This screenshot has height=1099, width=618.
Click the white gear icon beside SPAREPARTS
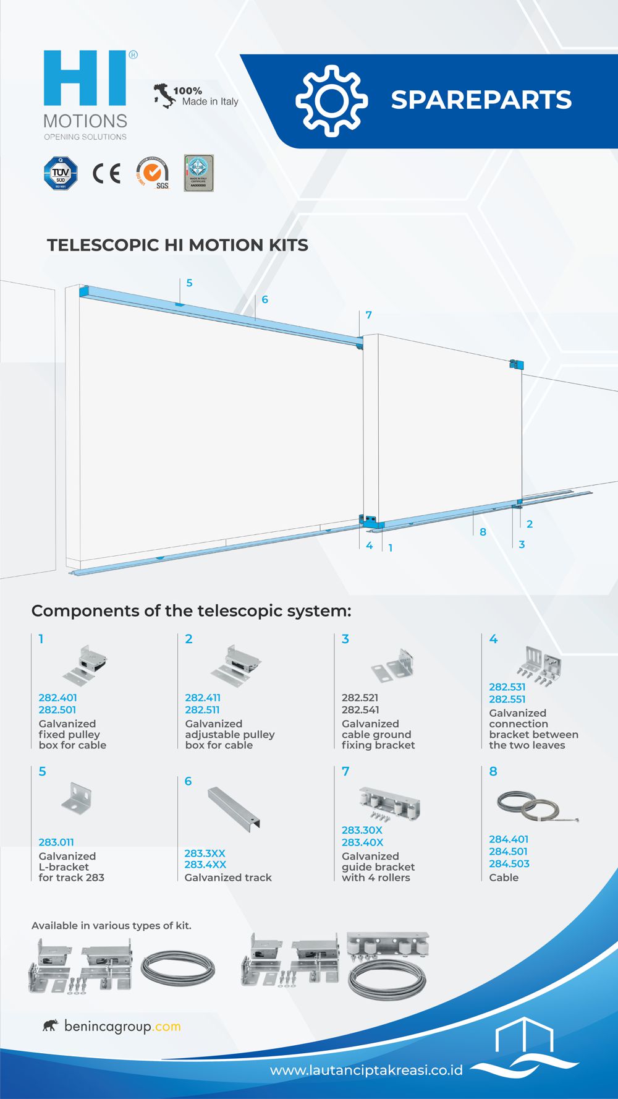coord(331,101)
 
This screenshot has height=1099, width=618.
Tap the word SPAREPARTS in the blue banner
coord(481,100)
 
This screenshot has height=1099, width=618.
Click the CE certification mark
coord(106,174)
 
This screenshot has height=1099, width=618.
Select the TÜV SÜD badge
coord(61,173)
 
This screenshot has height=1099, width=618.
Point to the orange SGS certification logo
coord(153,173)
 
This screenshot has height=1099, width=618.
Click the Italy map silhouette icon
coord(164,96)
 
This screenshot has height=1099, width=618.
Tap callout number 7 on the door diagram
coord(368,315)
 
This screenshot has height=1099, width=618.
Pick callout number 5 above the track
coord(189,283)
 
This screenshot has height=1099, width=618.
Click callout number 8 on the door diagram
coord(483,532)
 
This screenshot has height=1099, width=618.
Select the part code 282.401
coord(57,698)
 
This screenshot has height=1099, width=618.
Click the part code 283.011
coord(56,842)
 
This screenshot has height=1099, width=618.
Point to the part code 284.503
coord(509,863)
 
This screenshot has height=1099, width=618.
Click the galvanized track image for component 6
coord(234,808)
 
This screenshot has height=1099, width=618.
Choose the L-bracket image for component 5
coord(78,798)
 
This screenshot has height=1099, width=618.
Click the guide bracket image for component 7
coord(389,803)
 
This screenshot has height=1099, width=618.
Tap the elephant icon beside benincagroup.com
coord(51,1026)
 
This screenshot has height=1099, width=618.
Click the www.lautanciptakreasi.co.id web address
coord(366,1071)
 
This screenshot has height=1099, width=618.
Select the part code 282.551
coord(507,699)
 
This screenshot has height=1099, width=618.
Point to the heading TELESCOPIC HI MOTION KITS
coord(177,245)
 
